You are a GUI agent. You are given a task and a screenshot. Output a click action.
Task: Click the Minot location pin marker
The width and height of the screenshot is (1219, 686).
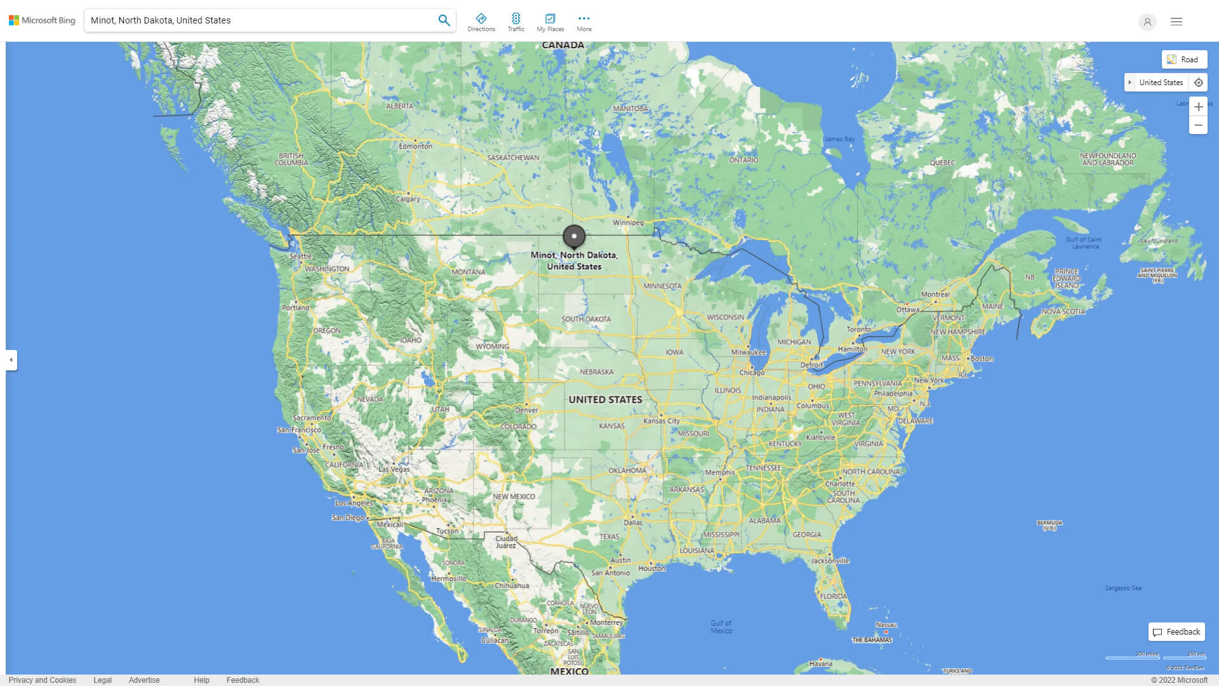point(574,237)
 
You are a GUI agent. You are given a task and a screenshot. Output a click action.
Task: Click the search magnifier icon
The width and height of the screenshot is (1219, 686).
point(444,20)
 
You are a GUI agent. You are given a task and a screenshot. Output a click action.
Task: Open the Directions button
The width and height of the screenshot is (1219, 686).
point(481,22)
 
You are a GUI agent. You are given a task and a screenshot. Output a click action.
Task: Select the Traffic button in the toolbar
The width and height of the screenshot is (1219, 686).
point(516,22)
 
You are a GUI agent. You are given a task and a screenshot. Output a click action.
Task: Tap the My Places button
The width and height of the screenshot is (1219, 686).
point(550,22)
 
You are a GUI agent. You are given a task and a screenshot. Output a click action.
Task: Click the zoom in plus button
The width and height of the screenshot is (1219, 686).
point(1198,107)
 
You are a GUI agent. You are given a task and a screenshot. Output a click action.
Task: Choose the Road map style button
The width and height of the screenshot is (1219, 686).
point(1183,60)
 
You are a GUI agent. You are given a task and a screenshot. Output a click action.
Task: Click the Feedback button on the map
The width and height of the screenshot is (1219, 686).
point(1176,632)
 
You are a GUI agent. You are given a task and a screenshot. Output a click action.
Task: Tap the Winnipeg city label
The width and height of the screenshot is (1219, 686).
point(628,223)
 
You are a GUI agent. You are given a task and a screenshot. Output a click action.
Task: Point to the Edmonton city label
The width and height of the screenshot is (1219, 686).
point(415,146)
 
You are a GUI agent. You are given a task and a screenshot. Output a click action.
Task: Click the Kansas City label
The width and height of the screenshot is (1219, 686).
point(662,421)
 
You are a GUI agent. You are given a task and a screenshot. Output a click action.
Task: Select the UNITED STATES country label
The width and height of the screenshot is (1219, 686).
point(605,400)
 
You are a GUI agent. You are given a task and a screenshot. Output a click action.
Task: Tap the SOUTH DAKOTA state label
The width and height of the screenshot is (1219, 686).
point(586,319)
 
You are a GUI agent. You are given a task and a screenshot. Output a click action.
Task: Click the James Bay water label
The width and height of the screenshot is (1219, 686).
point(839,139)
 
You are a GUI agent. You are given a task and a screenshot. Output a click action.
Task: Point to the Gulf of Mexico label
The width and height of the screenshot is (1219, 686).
point(721,627)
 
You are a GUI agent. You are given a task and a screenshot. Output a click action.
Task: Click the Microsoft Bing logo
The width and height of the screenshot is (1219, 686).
point(42,20)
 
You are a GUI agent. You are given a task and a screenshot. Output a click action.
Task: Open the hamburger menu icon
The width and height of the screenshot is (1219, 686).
point(1176,22)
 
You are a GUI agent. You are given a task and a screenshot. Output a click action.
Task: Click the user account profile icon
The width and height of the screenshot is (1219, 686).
point(1147,22)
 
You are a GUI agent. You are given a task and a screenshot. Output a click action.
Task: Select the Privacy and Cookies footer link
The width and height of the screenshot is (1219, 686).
point(43,680)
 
